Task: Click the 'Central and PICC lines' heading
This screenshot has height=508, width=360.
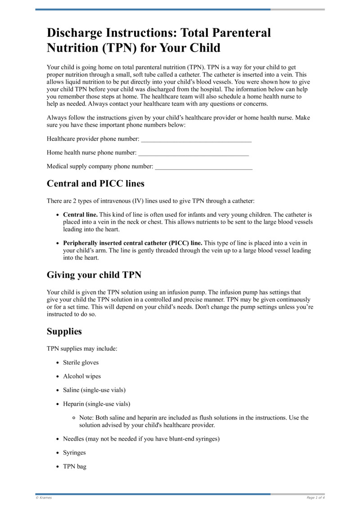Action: (x=95, y=183)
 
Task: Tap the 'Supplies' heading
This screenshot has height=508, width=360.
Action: (x=64, y=332)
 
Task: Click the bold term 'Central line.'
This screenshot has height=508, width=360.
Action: (x=80, y=215)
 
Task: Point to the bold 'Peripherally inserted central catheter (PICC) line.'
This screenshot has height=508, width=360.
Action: (x=133, y=243)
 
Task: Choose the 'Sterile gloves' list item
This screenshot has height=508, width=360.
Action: (x=81, y=362)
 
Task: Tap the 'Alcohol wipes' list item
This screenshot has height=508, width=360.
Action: (x=82, y=376)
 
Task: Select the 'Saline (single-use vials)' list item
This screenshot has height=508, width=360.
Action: (x=94, y=390)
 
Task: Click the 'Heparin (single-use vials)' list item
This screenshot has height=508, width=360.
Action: (x=96, y=404)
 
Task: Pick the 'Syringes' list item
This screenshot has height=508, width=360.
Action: (x=74, y=453)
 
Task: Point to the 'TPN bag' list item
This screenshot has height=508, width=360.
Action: (x=75, y=467)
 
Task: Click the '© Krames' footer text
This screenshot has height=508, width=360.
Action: (x=44, y=498)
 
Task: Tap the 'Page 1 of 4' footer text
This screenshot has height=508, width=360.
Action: (x=315, y=498)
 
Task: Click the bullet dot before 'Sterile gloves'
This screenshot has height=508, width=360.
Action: (x=58, y=363)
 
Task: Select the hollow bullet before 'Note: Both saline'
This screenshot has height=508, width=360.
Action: (x=74, y=418)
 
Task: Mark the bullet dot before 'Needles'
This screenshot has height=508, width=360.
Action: (x=58, y=439)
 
